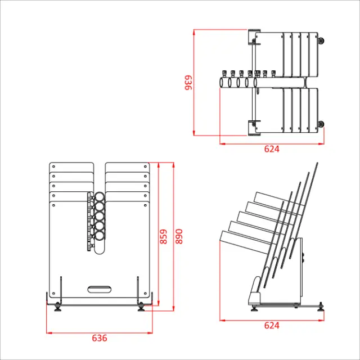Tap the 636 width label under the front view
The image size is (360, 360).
click(99, 338)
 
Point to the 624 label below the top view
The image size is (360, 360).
click(272, 149)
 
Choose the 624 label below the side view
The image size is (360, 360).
click(272, 326)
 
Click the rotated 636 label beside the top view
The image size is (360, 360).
click(188, 83)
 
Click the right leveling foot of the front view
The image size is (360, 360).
click(141, 307)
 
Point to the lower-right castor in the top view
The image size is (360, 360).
click(321, 124)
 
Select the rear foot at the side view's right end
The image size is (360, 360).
click(321, 307)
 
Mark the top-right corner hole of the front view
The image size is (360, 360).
click(147, 167)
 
